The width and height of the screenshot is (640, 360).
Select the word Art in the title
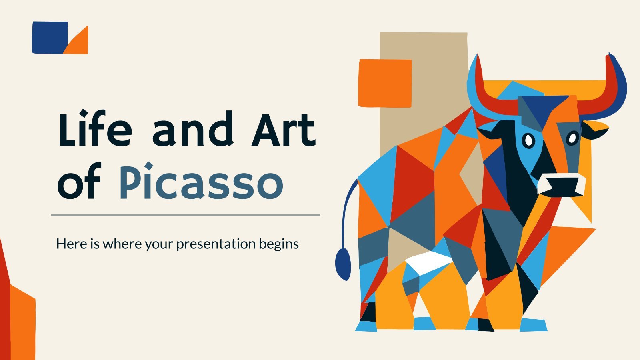(x=284, y=130)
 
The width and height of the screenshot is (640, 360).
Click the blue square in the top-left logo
(x=50, y=37)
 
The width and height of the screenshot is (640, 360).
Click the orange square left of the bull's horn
(x=385, y=83)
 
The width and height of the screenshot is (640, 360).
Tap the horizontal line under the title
(x=186, y=215)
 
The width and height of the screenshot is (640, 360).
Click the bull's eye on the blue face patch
(x=528, y=140)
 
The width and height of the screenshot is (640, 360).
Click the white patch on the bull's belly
(x=428, y=262)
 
